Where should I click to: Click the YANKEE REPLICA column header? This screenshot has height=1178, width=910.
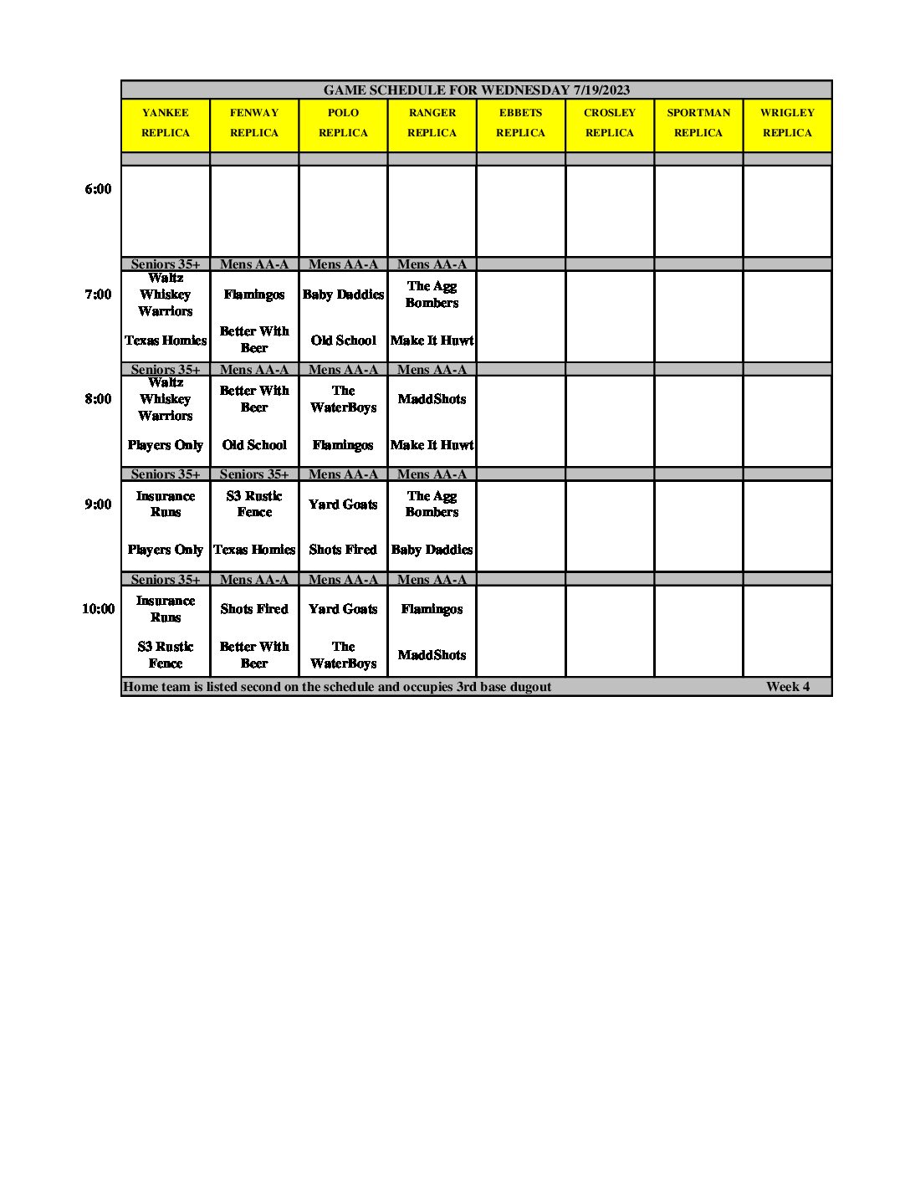[x=165, y=123]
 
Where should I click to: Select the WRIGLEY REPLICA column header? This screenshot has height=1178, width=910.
[x=787, y=123]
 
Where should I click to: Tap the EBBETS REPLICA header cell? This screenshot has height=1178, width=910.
[x=520, y=123]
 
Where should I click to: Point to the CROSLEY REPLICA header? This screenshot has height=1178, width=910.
[x=610, y=123]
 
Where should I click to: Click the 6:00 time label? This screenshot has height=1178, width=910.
[x=98, y=189]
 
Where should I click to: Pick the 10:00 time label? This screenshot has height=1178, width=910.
[x=98, y=609]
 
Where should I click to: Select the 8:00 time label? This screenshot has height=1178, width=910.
[x=98, y=399]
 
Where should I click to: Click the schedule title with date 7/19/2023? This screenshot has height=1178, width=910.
[x=476, y=90]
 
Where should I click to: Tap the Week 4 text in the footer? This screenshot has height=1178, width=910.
[x=787, y=687]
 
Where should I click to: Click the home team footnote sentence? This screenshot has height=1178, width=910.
[x=337, y=687]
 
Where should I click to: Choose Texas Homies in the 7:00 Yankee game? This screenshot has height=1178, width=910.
[x=166, y=341]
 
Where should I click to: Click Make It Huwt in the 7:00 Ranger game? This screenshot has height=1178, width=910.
[x=432, y=341]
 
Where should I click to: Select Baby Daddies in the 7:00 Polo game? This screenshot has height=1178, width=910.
[x=343, y=294]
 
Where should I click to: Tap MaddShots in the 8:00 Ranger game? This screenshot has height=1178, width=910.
[x=432, y=399]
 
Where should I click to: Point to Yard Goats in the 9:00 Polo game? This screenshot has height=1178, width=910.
[x=343, y=504]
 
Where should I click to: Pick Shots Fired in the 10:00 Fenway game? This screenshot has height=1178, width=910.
[x=254, y=609]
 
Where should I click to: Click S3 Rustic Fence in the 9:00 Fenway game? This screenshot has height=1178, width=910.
[x=254, y=504]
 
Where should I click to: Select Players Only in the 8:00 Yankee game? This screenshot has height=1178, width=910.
[x=166, y=445]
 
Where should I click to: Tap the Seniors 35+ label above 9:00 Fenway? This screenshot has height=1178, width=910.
[x=254, y=474]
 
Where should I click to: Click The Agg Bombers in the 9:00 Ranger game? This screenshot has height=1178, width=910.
[x=432, y=504]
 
